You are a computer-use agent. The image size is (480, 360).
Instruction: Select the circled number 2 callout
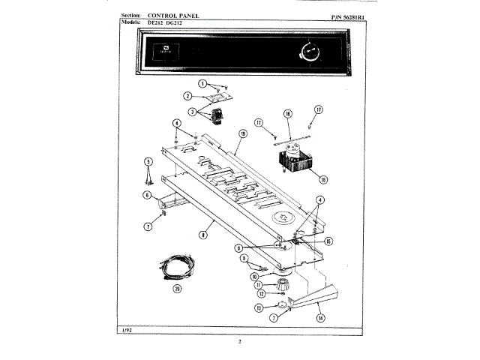click(x=187, y=96)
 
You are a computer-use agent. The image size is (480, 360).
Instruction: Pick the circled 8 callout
click(x=202, y=234)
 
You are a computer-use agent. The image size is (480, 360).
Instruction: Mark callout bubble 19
click(x=242, y=133)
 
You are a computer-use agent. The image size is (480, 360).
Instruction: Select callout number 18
click(x=287, y=114)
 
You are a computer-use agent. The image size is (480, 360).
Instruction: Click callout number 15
click(x=328, y=241)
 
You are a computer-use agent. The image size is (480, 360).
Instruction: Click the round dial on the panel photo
click(x=307, y=53)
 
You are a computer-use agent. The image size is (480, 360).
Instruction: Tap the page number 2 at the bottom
click(x=240, y=343)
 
